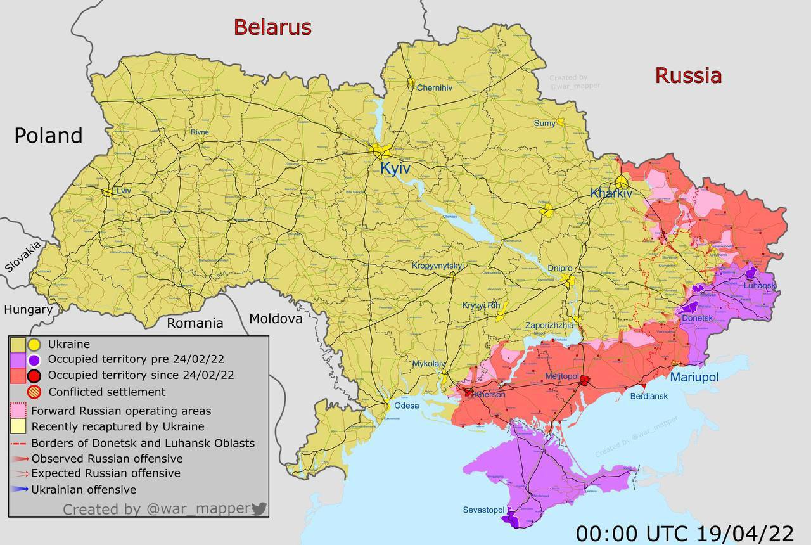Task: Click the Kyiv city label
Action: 395,169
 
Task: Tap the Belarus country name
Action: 272,27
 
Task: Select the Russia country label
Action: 688,75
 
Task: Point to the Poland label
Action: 48,136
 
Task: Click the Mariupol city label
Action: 694,378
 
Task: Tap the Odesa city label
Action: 406,406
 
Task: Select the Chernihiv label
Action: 434,88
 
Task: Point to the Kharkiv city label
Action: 611,193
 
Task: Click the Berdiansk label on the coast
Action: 649,396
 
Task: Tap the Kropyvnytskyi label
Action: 438,266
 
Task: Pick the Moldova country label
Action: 276,319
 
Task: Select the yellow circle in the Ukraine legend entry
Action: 34,345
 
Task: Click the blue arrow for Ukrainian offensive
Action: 20,489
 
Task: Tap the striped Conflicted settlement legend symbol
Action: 34,392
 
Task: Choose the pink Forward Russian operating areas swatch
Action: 18,411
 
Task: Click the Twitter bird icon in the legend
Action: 259,508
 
